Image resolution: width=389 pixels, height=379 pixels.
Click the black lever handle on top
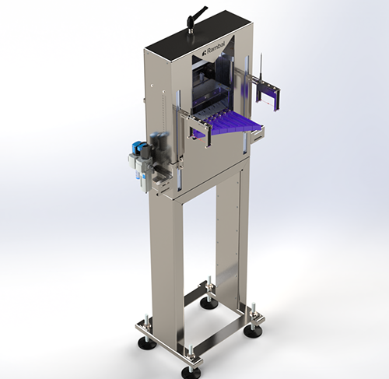197,14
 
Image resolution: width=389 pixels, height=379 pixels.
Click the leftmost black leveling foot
146,343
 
